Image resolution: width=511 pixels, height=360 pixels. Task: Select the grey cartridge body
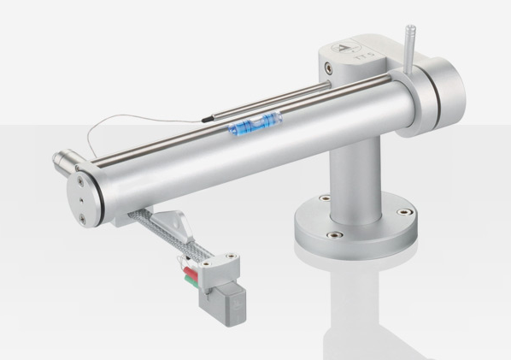click(x=221, y=292)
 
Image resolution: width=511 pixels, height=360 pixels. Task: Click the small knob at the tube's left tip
click(x=61, y=160)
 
